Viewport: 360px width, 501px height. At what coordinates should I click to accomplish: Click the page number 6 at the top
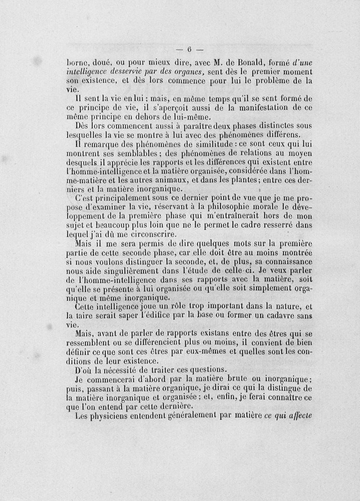tap(189, 49)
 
